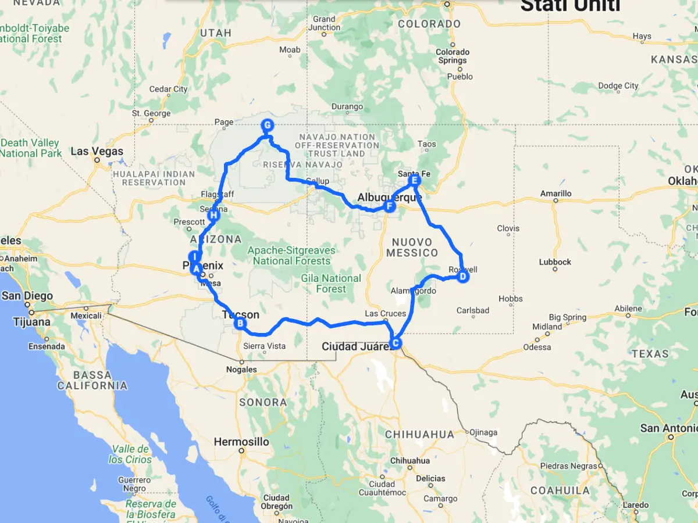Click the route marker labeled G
[267, 125]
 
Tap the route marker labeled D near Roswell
[462, 277]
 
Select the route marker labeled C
[396, 343]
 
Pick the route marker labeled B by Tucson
[239, 324]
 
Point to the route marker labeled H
[213, 216]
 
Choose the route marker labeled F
[389, 206]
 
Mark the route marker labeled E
[414, 181]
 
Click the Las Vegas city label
[97, 152]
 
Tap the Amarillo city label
[555, 194]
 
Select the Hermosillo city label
[241, 442]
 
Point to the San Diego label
[27, 296]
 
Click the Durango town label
[347, 106]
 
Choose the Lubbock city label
[555, 262]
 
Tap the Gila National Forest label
[331, 284]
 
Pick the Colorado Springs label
[452, 56]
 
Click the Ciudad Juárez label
[356, 347]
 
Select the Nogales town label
[241, 370]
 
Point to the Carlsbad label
[473, 310]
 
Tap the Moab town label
[290, 50]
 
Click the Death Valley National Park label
[30, 148]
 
